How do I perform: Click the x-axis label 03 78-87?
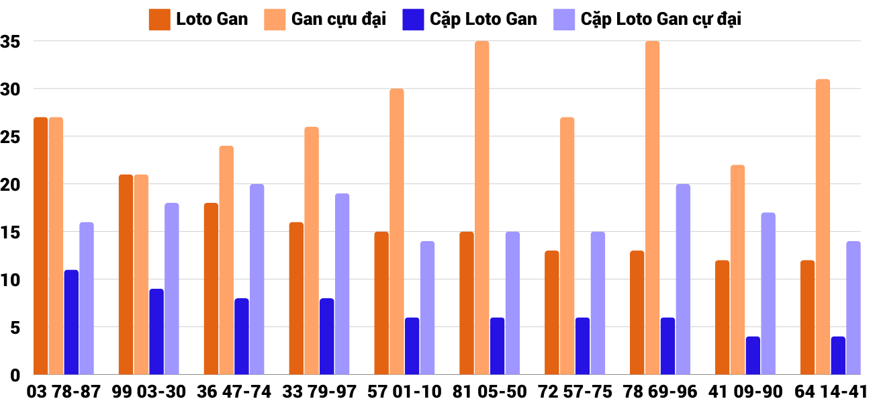click(x=63, y=392)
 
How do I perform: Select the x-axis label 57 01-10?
click(x=404, y=392)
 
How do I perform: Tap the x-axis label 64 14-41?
click(x=831, y=392)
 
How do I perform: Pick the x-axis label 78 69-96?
click(x=660, y=392)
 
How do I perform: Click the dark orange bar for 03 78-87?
click(x=40, y=246)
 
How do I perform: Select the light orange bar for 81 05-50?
click(x=482, y=208)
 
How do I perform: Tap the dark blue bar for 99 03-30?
click(x=156, y=331)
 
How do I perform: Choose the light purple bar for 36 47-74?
click(x=257, y=279)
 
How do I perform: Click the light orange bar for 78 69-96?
click(x=652, y=208)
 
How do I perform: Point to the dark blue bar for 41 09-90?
click(x=753, y=355)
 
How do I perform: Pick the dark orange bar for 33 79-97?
click(x=296, y=298)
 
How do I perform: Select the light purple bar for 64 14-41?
click(x=853, y=308)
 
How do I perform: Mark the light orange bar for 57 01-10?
click(x=397, y=231)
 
